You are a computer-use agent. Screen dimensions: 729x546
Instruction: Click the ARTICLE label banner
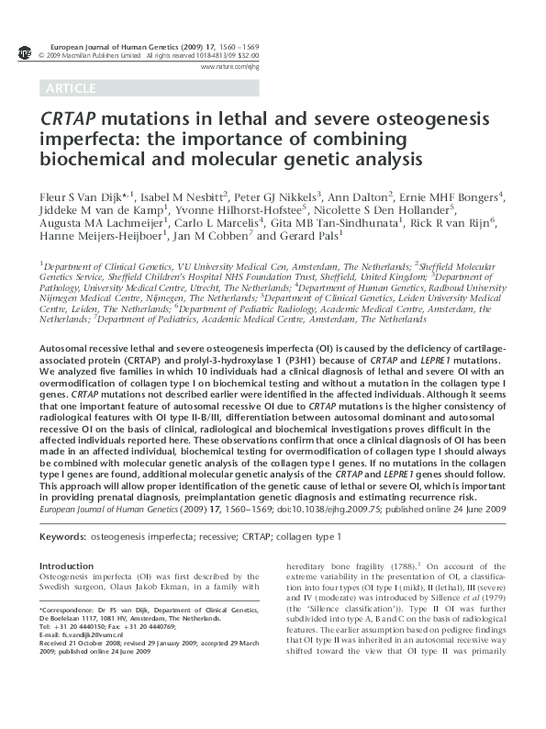(x=69, y=89)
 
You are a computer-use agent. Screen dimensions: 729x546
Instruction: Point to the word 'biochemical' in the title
(x=83, y=160)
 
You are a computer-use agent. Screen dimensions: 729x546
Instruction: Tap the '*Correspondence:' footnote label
(x=62, y=611)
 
